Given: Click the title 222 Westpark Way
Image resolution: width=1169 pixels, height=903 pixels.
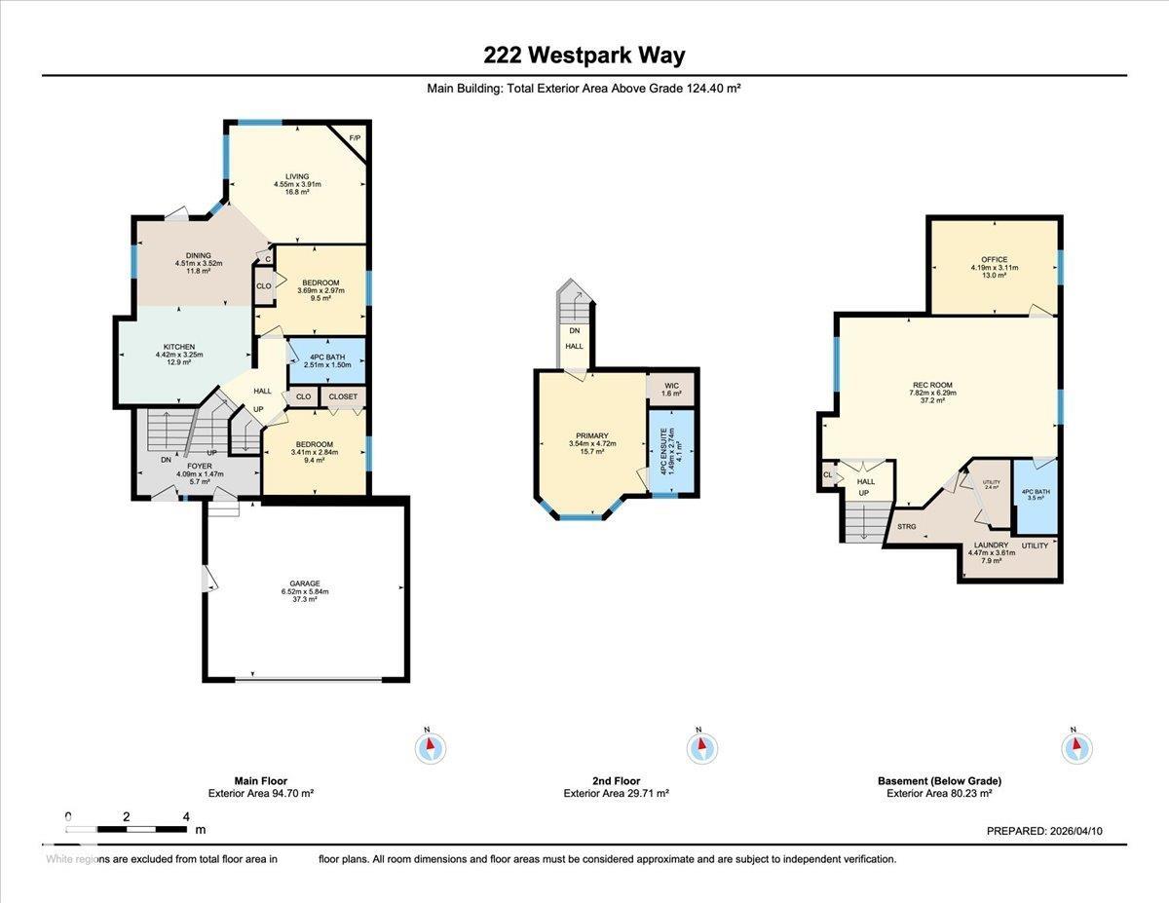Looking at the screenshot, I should click(584, 55).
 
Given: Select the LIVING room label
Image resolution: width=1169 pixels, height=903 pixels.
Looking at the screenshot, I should click(297, 177).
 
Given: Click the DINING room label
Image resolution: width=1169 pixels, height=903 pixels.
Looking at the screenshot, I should click(199, 255).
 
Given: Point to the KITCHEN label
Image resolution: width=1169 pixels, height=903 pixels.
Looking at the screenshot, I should click(179, 347).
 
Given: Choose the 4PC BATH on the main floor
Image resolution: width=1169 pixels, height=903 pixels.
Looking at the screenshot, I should click(327, 357).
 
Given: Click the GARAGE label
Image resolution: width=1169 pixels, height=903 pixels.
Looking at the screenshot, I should click(304, 583).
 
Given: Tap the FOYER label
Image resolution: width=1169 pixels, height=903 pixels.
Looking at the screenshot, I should click(200, 467).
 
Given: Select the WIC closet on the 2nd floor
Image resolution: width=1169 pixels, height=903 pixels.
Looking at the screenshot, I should click(671, 386).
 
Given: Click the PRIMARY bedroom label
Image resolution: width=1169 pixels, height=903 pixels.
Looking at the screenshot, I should click(591, 435).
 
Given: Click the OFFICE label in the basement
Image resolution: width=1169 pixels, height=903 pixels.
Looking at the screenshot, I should click(994, 259).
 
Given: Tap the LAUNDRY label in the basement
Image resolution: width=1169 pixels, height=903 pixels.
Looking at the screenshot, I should click(991, 546).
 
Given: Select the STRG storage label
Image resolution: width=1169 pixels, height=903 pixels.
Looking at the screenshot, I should click(907, 526).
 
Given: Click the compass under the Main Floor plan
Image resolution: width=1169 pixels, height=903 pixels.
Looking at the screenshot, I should click(430, 747).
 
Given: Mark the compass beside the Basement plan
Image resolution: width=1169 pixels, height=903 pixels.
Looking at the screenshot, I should click(1075, 747).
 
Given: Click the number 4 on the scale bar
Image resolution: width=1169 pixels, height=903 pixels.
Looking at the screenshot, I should click(185, 816).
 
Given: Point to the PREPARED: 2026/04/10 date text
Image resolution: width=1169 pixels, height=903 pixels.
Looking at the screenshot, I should click(1044, 831).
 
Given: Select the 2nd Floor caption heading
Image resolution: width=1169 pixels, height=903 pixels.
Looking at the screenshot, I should click(616, 780).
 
